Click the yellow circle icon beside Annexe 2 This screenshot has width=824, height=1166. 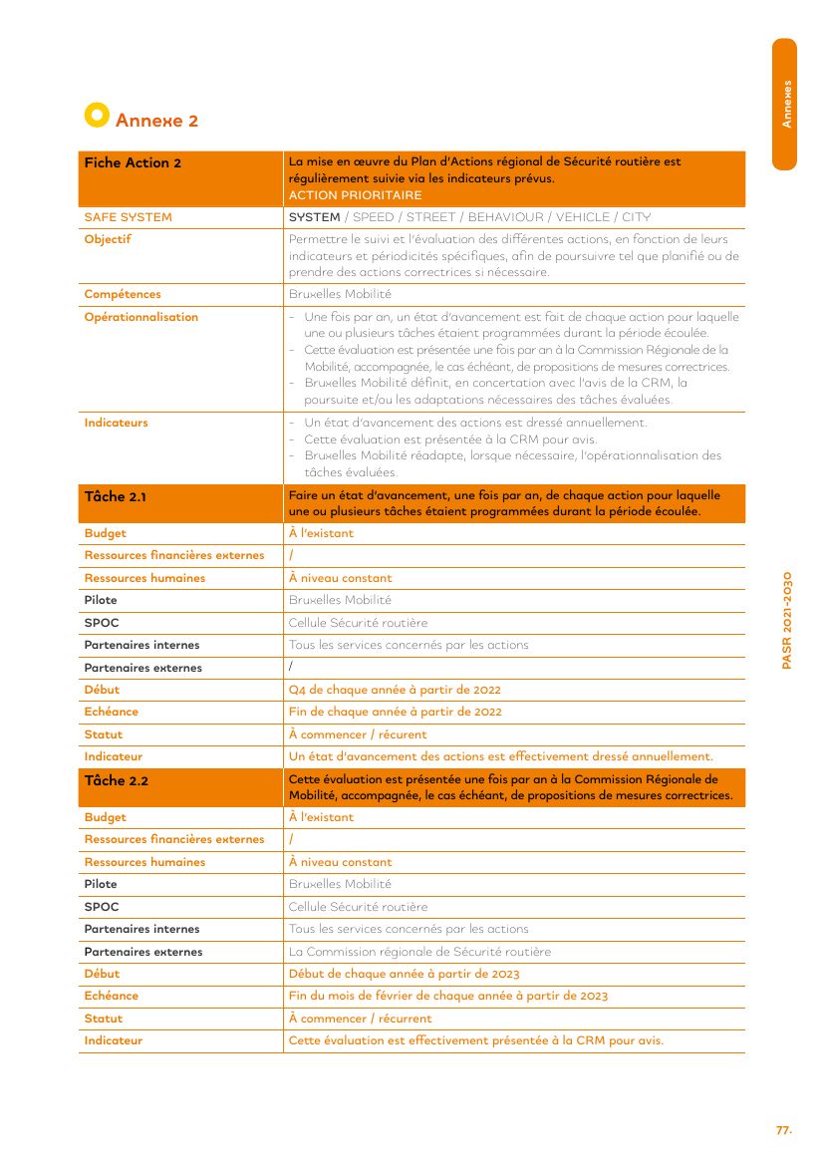click(x=97, y=116)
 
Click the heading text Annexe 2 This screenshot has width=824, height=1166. click(x=156, y=121)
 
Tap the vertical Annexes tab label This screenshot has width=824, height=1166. click(x=786, y=104)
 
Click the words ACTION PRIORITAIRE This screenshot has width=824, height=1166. click(x=355, y=195)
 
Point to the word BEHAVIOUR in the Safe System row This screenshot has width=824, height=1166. click(x=505, y=217)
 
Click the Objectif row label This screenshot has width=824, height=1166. click(x=108, y=239)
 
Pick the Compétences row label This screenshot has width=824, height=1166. click(x=123, y=294)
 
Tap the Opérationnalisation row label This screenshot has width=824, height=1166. click(x=141, y=317)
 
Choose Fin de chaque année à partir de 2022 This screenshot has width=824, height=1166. click(x=395, y=712)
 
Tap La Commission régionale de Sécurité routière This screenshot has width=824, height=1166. click(x=419, y=952)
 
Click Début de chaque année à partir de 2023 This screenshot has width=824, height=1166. click(x=404, y=974)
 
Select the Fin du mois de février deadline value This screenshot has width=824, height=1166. click(x=447, y=996)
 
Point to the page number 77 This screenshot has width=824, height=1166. click(x=784, y=1130)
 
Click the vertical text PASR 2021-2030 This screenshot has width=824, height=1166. click(x=786, y=620)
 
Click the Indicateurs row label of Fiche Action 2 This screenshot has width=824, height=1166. click(x=116, y=423)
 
